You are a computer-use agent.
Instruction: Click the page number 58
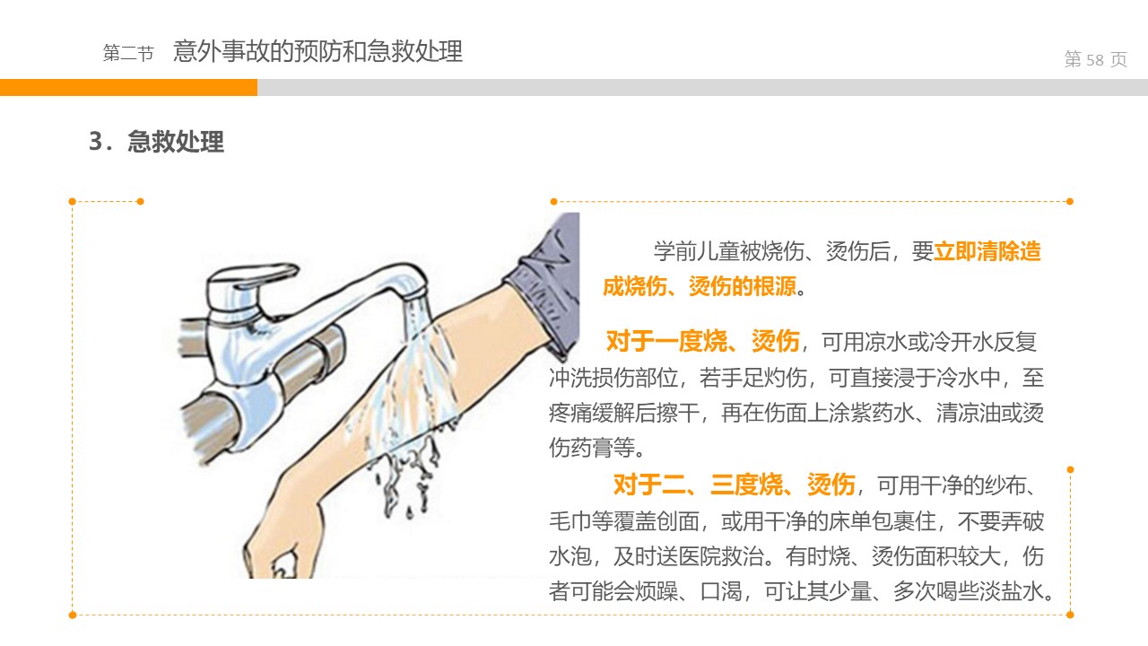tap(1095, 60)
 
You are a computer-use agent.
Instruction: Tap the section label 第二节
tap(128, 53)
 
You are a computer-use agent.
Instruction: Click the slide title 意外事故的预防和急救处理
tap(317, 51)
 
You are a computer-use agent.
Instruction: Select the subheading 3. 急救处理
tap(156, 142)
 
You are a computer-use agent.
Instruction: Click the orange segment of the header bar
tap(128, 87)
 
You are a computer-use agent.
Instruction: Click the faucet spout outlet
tap(416, 294)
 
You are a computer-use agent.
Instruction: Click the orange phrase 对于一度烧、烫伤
tap(702, 342)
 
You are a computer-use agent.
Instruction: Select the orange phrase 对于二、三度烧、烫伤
tap(734, 484)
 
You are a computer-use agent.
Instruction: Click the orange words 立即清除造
tap(987, 251)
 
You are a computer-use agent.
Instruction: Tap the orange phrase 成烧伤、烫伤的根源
tap(700, 286)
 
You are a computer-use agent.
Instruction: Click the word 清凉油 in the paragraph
tap(969, 413)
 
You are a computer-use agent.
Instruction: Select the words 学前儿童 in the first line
tap(697, 251)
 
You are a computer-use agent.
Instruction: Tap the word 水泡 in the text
tap(570, 556)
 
